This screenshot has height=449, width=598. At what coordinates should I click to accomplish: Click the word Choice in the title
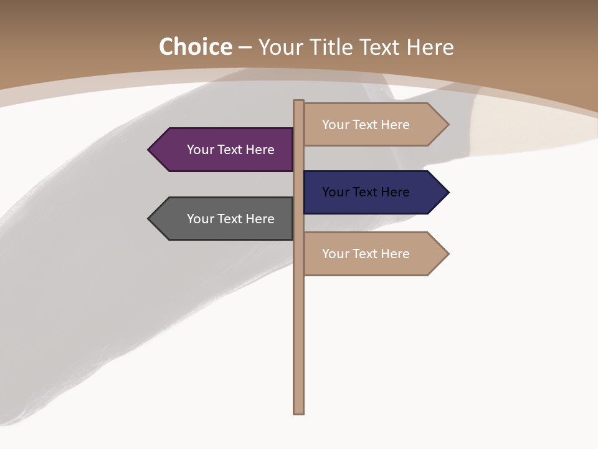point(195,47)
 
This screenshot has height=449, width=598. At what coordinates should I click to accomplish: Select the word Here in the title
point(430,47)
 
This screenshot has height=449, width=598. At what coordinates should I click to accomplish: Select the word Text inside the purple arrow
point(230,150)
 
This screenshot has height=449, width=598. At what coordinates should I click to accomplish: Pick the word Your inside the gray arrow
point(200,219)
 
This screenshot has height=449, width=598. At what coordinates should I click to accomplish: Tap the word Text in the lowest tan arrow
point(366,254)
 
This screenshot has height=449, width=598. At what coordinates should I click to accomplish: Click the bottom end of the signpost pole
point(299,412)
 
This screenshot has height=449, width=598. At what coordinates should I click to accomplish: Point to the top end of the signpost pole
point(299,102)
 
